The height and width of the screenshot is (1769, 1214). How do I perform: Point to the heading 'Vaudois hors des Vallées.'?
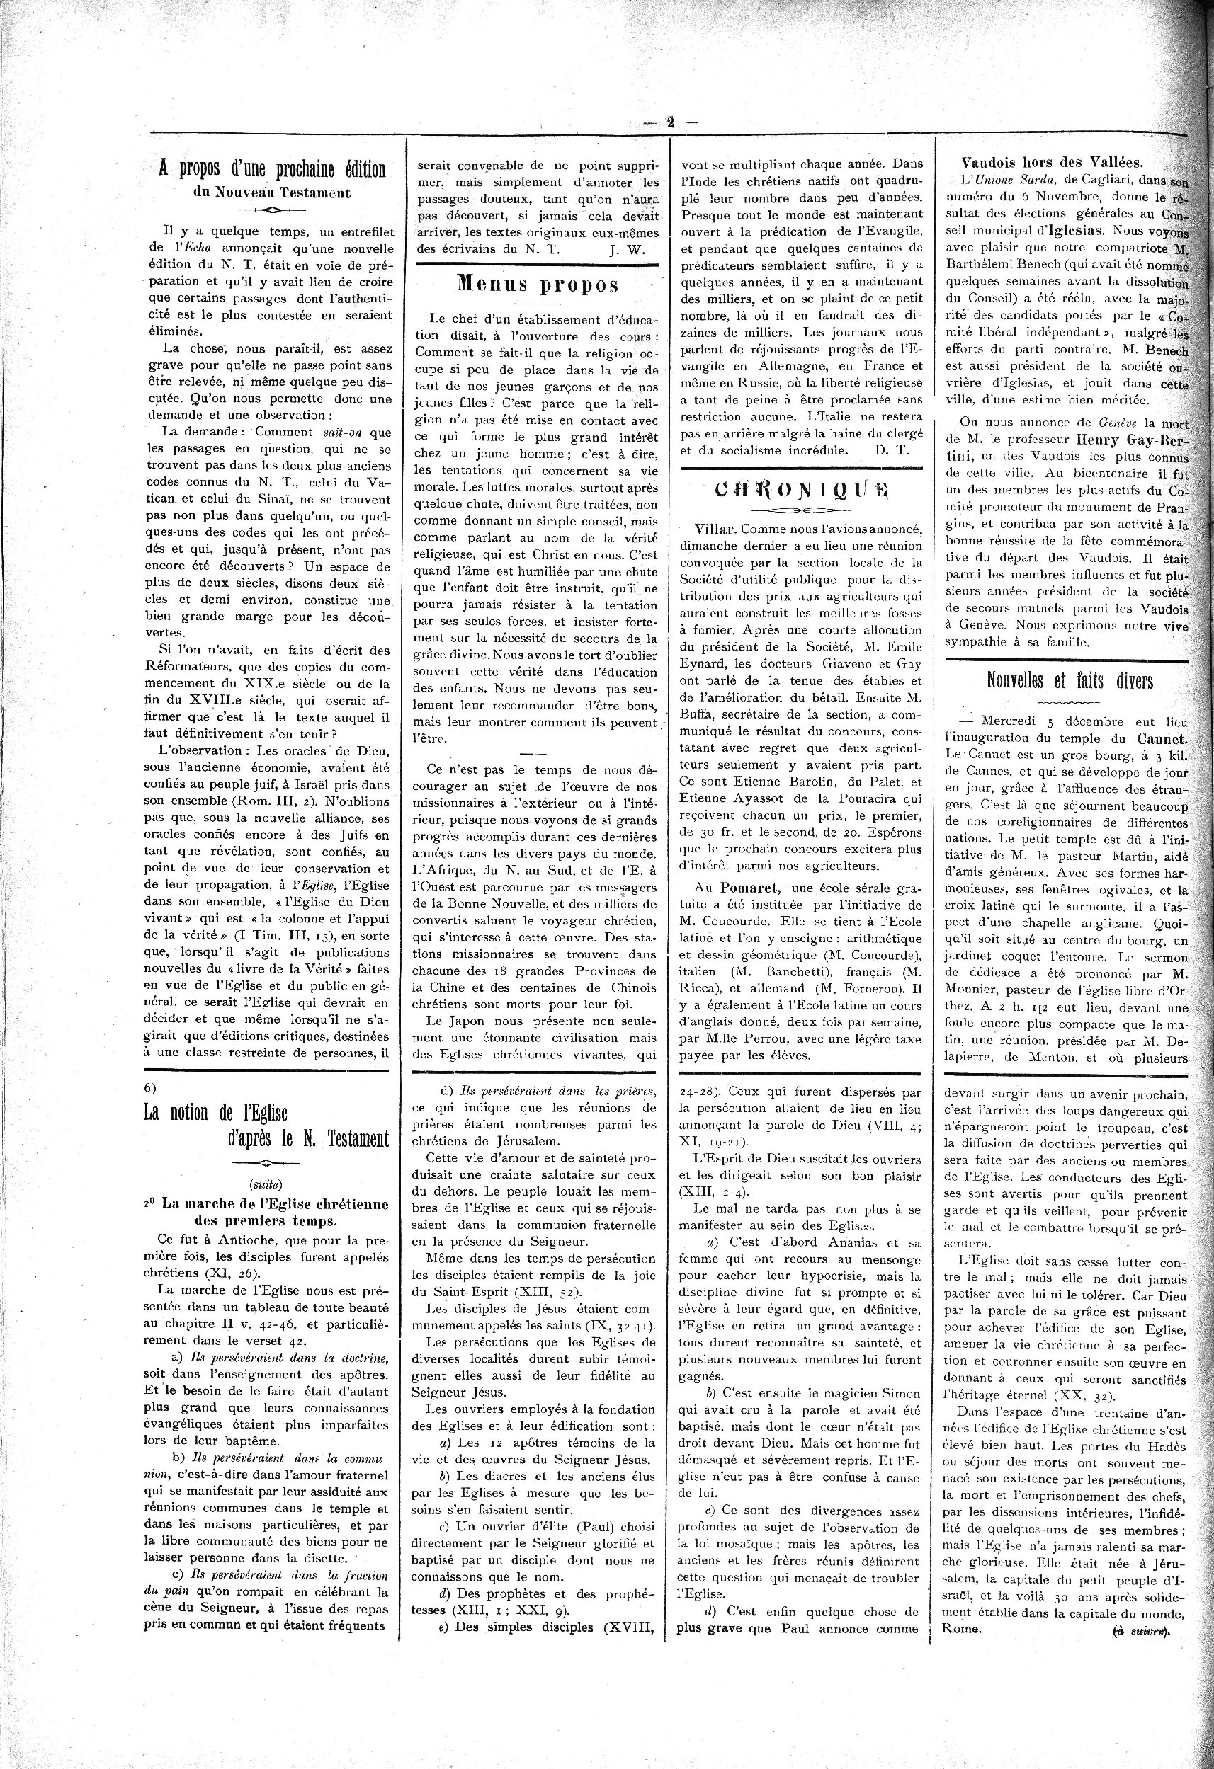coord(1052,161)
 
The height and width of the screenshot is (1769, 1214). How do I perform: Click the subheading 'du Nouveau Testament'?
coord(272,193)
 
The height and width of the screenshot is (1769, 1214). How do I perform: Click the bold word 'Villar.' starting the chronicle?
coord(716,528)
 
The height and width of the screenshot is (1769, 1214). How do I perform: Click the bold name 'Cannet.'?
coord(1162,738)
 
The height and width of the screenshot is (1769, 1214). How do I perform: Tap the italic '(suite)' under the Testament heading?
coord(266,1184)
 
